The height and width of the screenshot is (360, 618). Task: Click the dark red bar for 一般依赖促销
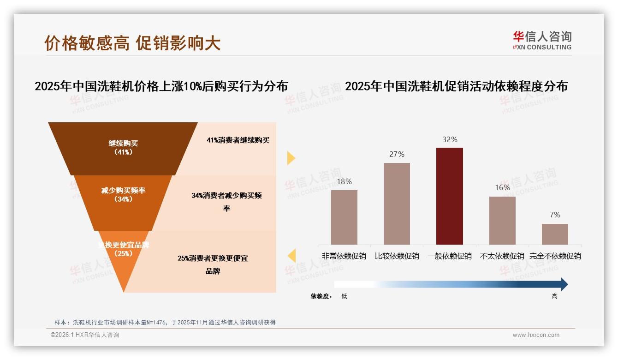pos(449,196)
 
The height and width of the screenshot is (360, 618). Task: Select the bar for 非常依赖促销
pos(344,217)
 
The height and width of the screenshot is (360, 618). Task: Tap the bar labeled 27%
pos(397,203)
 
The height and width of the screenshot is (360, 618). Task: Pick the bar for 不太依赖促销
pos(502,220)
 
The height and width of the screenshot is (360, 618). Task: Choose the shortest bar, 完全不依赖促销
pos(555,234)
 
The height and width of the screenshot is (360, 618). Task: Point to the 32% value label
pos(450,139)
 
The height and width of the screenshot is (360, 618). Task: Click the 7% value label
pos(555,215)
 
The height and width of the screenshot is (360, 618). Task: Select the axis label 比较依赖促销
pos(397,256)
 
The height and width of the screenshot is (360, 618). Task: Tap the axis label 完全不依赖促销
pos(555,256)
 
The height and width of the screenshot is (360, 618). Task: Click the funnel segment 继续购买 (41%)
pos(123,148)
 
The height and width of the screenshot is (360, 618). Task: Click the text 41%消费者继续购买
pos(238,140)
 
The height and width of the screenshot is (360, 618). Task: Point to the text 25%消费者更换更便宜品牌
pos(213,264)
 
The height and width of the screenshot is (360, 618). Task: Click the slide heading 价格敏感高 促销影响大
pos(132,43)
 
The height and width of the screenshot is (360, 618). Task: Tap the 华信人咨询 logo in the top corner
pos(542,40)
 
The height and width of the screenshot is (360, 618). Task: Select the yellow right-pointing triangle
pos(291,158)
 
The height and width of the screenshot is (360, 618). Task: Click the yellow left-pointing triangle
pos(291,256)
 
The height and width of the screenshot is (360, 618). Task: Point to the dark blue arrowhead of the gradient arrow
pos(563,284)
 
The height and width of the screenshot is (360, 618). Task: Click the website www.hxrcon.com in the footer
pos(536,335)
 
